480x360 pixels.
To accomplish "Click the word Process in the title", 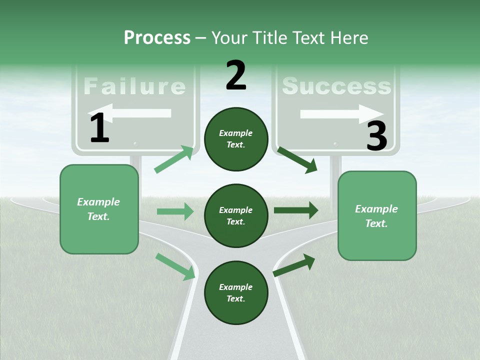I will (157, 37).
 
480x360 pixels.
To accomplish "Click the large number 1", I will (99, 128).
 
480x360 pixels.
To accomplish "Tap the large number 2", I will (236, 75).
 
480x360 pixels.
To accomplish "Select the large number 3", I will (376, 136).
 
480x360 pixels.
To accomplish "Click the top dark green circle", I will (236, 139).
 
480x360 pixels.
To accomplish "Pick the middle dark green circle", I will (236, 215).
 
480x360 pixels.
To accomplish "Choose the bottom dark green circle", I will (236, 292).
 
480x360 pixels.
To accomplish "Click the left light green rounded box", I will (99, 209).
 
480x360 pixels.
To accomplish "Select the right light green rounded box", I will (377, 216).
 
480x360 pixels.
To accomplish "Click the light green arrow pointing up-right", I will (174, 159).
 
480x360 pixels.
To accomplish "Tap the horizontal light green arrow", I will (175, 211).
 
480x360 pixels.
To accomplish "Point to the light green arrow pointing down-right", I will (175, 266).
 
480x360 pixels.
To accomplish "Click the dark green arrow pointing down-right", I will (297, 159).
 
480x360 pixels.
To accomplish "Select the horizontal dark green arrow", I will (295, 210).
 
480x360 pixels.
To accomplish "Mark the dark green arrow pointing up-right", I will (294, 265).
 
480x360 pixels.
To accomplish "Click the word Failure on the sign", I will (134, 86).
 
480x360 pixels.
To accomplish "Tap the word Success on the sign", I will (336, 86).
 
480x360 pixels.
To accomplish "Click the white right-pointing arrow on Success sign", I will (341, 114).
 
